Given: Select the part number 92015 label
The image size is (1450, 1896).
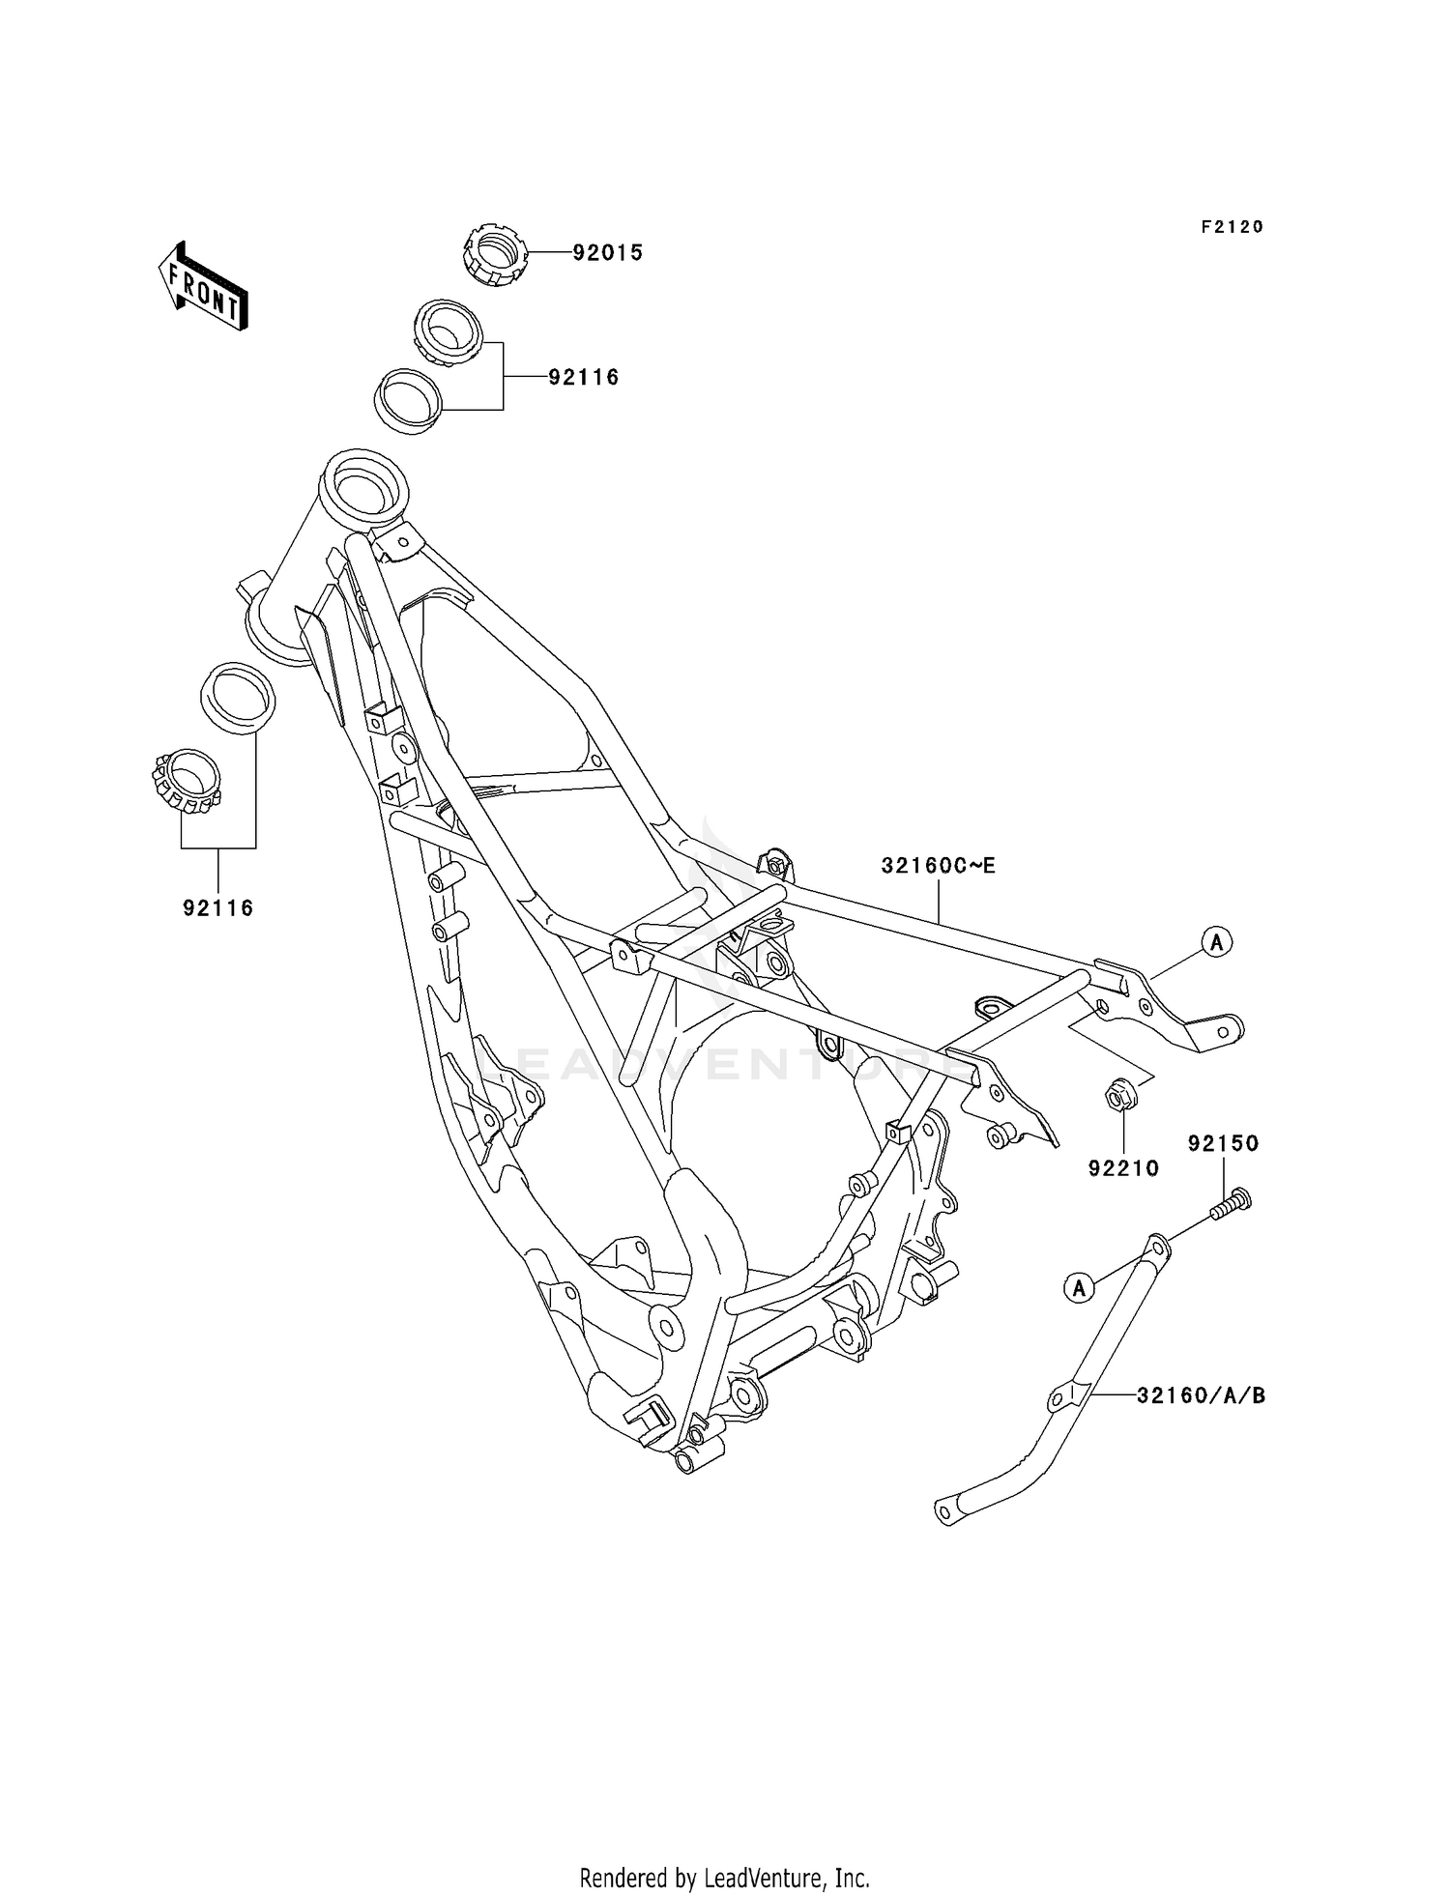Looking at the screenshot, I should [x=607, y=253].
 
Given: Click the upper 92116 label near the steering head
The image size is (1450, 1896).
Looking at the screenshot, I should [x=584, y=378].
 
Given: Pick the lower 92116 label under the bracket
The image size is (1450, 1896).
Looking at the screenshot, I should [x=218, y=908].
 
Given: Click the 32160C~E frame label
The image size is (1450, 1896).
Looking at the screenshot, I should [x=938, y=866].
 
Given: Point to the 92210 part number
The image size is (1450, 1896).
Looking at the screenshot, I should [x=1123, y=1168].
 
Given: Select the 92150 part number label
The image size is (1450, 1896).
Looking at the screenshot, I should [x=1223, y=1144].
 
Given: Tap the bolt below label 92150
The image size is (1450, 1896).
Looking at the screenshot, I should [x=1229, y=1204].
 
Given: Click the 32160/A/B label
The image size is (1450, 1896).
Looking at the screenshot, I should [x=1201, y=1395].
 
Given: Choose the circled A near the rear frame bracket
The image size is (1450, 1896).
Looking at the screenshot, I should [x=1216, y=940].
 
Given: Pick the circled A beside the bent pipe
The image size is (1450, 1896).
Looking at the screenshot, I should [x=1079, y=1287].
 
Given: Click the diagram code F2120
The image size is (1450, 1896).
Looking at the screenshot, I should [x=1232, y=227].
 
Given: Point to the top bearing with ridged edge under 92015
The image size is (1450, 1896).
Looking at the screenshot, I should [x=447, y=331].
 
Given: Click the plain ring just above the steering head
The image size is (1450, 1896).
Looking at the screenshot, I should [x=408, y=400].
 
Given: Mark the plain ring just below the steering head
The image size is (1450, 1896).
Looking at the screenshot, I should [x=237, y=693].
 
